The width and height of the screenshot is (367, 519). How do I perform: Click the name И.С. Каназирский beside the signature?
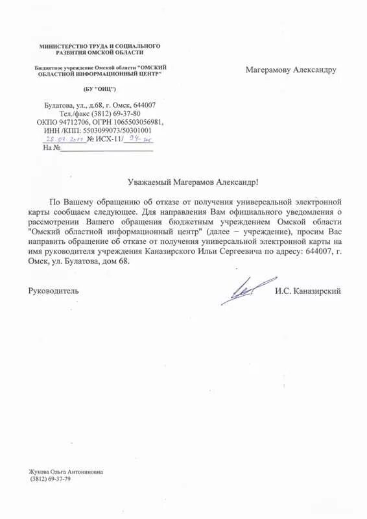pyautogui.click(x=307, y=291)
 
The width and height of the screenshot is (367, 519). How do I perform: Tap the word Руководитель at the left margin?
pyautogui.click(x=53, y=291)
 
